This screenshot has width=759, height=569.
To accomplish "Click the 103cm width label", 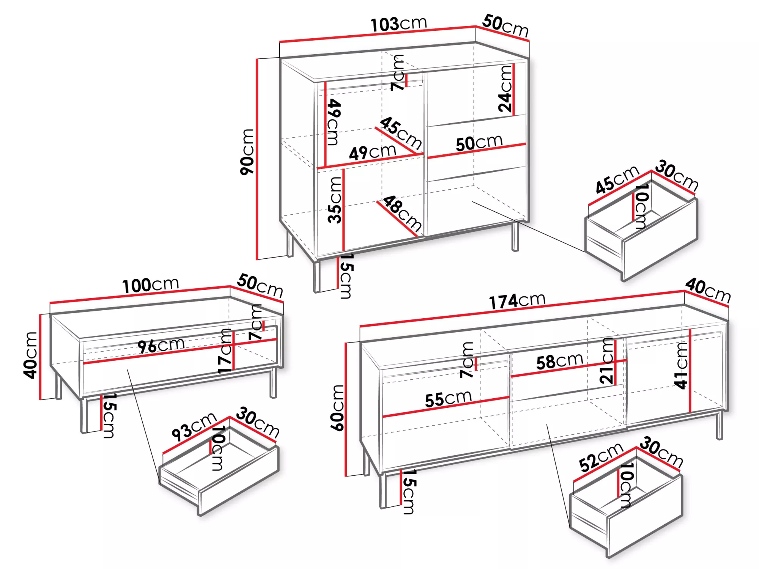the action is tap(398, 24).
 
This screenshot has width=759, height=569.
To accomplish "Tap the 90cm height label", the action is tap(247, 152).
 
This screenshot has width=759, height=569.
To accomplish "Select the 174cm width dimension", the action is tap(517, 301).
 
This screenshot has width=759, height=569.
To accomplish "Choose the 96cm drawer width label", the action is tap(161, 346).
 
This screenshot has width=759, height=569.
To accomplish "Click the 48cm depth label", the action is tap(402, 213).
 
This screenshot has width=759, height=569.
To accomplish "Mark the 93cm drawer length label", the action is tap(194, 427).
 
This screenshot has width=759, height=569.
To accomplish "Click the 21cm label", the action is tap(606, 361).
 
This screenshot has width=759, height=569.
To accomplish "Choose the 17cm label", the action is tap(225, 351).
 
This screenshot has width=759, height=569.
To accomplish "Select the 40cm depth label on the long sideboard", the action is tap(708, 291).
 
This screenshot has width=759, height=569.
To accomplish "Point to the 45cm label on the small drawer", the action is tap(617, 179).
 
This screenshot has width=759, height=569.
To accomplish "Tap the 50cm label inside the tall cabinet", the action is tap(479, 143).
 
